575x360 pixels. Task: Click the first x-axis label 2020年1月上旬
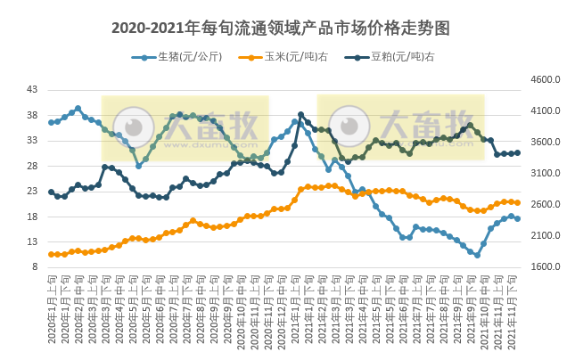[x=52, y=312]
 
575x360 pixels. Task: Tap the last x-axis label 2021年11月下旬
[x=517, y=312]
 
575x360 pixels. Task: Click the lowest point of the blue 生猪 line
[x=477, y=256]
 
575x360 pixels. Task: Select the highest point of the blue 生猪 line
[x=78, y=109]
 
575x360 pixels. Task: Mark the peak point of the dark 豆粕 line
[x=300, y=114]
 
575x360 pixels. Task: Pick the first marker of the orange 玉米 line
[x=52, y=254]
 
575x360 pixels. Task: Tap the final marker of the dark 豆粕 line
[x=517, y=152]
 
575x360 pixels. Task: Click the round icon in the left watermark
[x=137, y=126]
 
